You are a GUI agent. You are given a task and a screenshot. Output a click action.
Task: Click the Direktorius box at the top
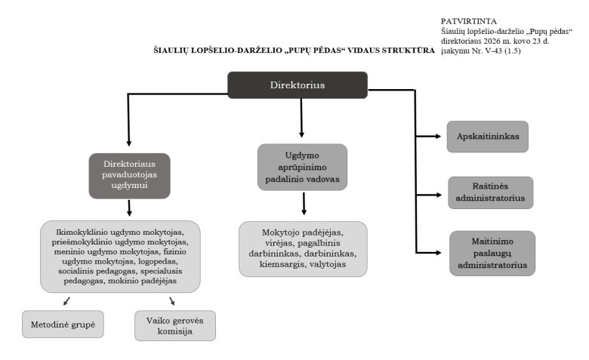click(298, 85)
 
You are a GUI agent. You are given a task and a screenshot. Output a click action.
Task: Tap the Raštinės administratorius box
click(491, 192)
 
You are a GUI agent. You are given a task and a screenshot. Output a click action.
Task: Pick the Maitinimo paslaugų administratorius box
click(492, 253)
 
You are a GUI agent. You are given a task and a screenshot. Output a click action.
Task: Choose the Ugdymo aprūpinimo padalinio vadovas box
click(302, 167)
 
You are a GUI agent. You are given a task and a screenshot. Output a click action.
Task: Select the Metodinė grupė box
click(63, 323)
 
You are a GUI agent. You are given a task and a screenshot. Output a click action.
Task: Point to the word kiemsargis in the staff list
click(279, 264)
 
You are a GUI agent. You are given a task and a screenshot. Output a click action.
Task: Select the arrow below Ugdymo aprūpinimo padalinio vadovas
click(304, 205)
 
